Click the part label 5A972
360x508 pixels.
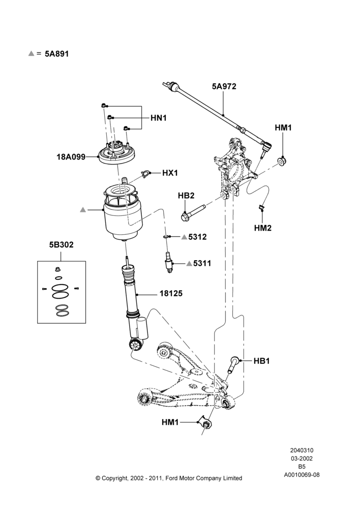click(x=224, y=86)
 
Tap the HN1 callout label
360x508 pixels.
click(x=158, y=118)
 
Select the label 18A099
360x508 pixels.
click(x=71, y=157)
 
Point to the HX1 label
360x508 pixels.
click(x=170, y=173)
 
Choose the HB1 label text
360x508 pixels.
click(x=261, y=361)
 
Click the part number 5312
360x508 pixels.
click(x=197, y=237)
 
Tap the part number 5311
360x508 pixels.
click(x=202, y=263)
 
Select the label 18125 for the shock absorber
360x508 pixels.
click(x=171, y=294)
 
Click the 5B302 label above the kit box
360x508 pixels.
click(x=62, y=245)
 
